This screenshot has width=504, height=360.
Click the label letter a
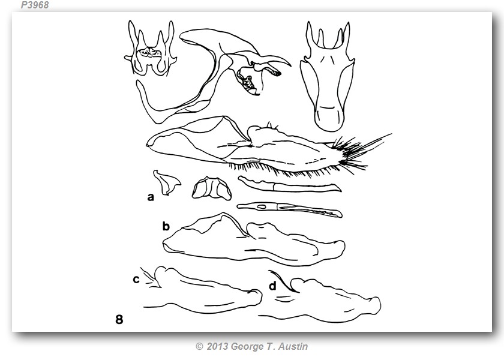[x=150, y=197]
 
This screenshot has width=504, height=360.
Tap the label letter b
[x=166, y=226]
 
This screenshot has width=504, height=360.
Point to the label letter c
[x=136, y=280]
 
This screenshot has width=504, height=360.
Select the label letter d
[x=272, y=286]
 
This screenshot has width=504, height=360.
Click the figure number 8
[x=119, y=319]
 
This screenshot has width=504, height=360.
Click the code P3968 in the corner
[x=35, y=5]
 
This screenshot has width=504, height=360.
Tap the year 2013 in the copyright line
[x=217, y=347]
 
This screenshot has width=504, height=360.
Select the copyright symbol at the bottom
[x=199, y=347]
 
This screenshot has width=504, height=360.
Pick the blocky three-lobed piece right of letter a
[x=211, y=188]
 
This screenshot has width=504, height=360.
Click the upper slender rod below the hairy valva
[x=289, y=185]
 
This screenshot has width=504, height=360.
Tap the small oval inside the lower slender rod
[x=262, y=207]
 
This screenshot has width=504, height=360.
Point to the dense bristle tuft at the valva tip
[x=349, y=154]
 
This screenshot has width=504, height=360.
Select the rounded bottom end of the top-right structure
[x=329, y=124]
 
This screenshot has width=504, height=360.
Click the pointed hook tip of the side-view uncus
[x=290, y=65]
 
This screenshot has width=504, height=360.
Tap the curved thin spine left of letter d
[x=283, y=281]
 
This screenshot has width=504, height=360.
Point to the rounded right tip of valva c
[x=260, y=298]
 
